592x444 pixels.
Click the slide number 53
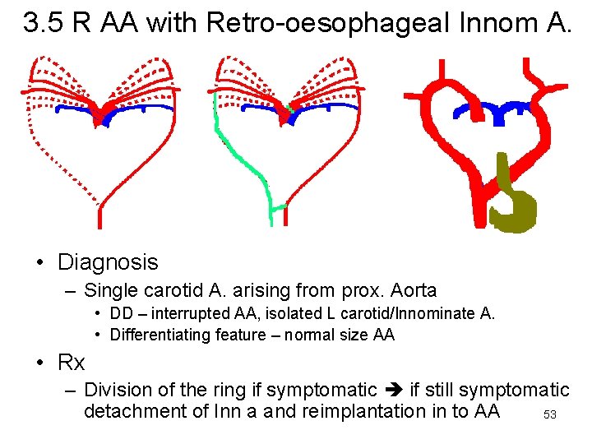tap(550, 415)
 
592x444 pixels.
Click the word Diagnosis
tap(107, 262)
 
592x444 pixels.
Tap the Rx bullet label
tap(71, 362)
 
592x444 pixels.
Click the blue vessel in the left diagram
tap(132, 109)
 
